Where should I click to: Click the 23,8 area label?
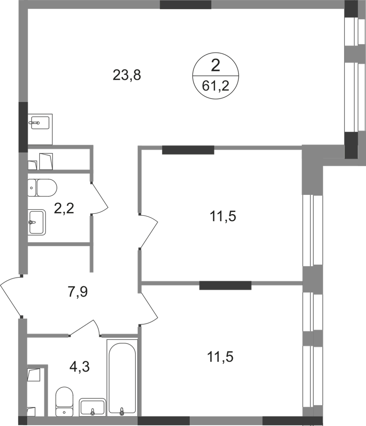pyautogui.click(x=127, y=75)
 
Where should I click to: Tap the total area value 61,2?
pyautogui.click(x=216, y=86)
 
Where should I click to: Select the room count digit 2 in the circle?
pyautogui.click(x=215, y=66)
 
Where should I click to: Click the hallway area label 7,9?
pyautogui.click(x=77, y=292)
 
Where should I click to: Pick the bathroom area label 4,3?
pyautogui.click(x=79, y=367)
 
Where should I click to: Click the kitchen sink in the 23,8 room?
pyautogui.click(x=39, y=123)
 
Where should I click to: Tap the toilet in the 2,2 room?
pyautogui.click(x=42, y=187)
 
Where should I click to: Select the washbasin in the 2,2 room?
pyautogui.click(x=37, y=222)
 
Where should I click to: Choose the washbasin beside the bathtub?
pyautogui.click(x=92, y=407)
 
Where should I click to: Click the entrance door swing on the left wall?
pyautogui.click(x=10, y=296)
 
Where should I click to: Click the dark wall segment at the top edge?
pyautogui.click(x=186, y=5)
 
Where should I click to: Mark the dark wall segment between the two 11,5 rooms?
pyautogui.click(x=225, y=285)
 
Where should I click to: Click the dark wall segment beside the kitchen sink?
pyautogui.click(x=23, y=127)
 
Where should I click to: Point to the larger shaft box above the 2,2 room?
pyautogui.click(x=46, y=161)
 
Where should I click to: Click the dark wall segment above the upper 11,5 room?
pyautogui.click(x=188, y=150)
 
